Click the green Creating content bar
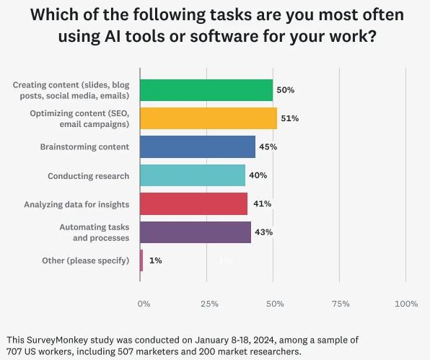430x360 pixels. (x=206, y=90)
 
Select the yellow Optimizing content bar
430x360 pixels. (x=208, y=118)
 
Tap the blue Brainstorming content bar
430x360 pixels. (x=197, y=146)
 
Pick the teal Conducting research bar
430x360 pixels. (x=192, y=175)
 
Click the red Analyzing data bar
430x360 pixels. (x=193, y=203)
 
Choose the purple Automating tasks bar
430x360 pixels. (x=195, y=232)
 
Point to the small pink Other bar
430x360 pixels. (x=141, y=260)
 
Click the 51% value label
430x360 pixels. (x=290, y=118)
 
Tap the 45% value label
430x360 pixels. (x=268, y=146)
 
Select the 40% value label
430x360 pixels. (x=258, y=175)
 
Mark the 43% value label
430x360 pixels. (x=264, y=232)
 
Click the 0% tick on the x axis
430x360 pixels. (x=144, y=304)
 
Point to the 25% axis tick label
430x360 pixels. (x=209, y=304)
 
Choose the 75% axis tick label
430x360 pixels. (x=341, y=304)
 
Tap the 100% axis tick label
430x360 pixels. (x=406, y=304)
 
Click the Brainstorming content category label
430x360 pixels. (x=84, y=146)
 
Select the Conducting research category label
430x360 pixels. (x=88, y=175)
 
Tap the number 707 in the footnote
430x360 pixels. (x=14, y=352)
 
